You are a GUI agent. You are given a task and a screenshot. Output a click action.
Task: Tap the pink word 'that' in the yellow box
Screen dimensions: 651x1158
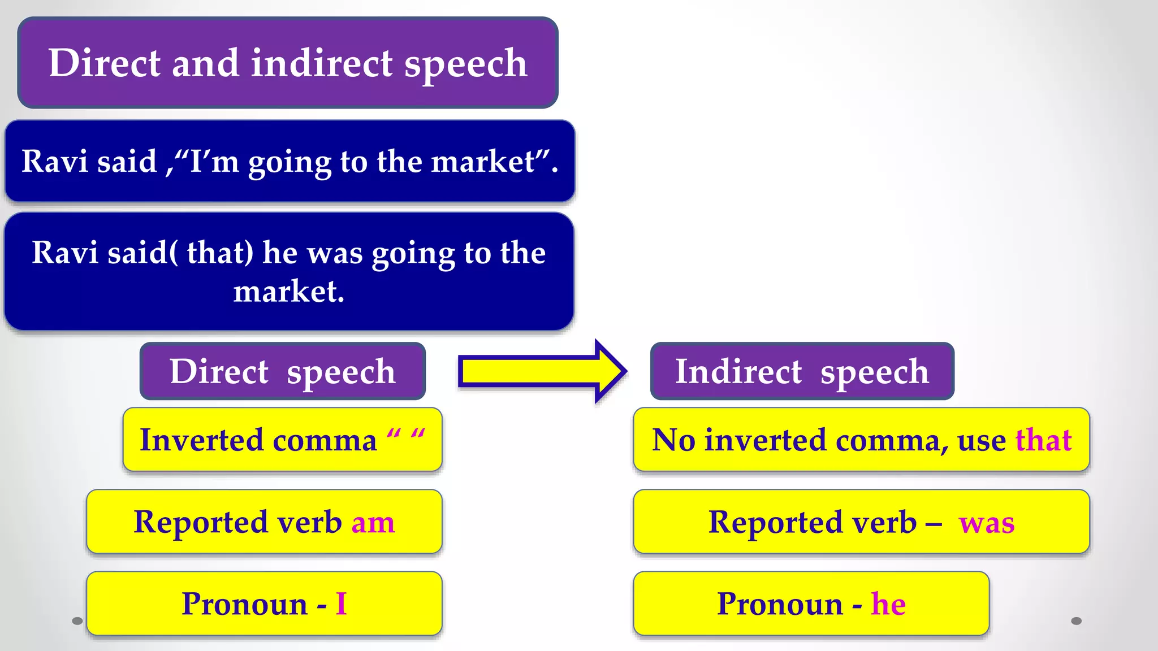(1043, 440)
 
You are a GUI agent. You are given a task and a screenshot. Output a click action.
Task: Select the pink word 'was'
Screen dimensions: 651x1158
(987, 523)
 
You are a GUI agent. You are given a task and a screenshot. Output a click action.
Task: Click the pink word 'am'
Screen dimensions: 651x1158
(373, 523)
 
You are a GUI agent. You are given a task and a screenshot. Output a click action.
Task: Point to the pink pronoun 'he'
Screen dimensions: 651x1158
(888, 604)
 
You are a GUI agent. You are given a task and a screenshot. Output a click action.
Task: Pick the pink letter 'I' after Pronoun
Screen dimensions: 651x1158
(341, 604)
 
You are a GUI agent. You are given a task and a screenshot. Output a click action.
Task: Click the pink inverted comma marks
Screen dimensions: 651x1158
(405, 436)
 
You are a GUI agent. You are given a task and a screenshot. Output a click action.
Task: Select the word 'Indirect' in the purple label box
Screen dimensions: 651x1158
(738, 372)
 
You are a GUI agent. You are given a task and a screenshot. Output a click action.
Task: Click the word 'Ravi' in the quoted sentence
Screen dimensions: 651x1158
(54, 162)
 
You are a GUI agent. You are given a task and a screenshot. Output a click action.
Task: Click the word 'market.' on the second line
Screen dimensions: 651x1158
(289, 292)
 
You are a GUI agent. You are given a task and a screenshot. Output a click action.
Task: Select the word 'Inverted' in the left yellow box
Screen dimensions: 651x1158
(201, 440)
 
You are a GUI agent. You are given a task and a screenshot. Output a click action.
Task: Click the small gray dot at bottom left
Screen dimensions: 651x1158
(77, 621)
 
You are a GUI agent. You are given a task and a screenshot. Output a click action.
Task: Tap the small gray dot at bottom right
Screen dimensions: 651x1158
(1076, 621)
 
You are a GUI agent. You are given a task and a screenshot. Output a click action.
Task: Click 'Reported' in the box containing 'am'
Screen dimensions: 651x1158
(200, 522)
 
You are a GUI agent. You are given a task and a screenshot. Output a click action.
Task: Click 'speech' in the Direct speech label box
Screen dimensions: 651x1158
(340, 373)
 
